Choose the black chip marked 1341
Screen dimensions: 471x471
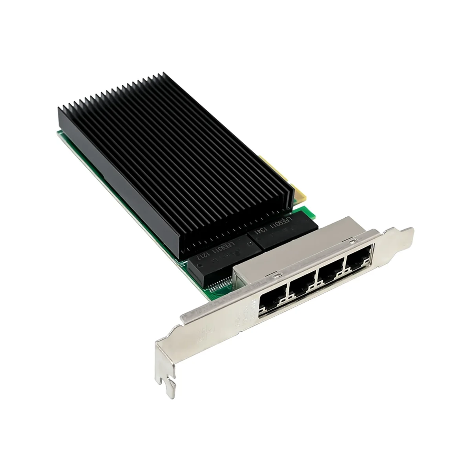275,232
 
